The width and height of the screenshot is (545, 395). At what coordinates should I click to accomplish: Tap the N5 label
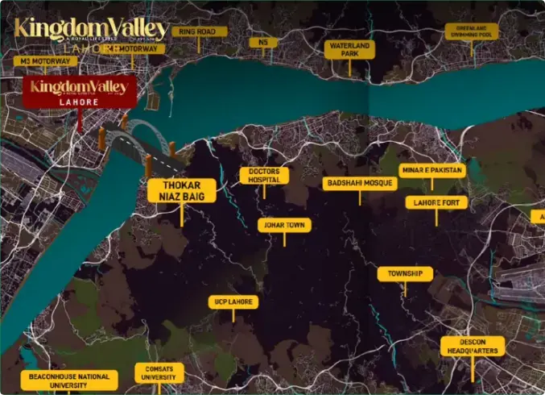[262, 42]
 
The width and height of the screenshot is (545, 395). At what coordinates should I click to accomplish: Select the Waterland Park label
[349, 49]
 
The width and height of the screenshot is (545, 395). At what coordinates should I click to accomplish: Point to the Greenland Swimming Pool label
[471, 31]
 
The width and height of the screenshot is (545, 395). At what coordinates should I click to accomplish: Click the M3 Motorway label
[44, 60]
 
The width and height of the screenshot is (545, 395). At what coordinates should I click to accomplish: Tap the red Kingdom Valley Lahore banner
[79, 93]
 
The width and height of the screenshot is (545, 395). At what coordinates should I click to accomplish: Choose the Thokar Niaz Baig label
[182, 191]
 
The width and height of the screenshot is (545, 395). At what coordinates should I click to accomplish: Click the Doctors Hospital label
[264, 176]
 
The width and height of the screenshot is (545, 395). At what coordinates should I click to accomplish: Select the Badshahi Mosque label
[360, 184]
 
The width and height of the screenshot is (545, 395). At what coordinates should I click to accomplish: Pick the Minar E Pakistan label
[431, 171]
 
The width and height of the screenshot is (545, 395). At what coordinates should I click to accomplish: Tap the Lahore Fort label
[436, 202]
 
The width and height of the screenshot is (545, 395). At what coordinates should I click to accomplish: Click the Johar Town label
[283, 225]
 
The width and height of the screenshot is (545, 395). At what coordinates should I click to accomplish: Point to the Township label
[405, 274]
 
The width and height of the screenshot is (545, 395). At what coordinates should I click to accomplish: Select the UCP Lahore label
[233, 302]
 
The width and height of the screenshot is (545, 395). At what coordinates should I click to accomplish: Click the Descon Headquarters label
[473, 347]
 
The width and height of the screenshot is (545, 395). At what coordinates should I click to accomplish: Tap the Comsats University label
[159, 372]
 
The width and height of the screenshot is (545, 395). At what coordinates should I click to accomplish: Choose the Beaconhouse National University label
[68, 380]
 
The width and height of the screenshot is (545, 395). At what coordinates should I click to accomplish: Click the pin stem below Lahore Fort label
[436, 218]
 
